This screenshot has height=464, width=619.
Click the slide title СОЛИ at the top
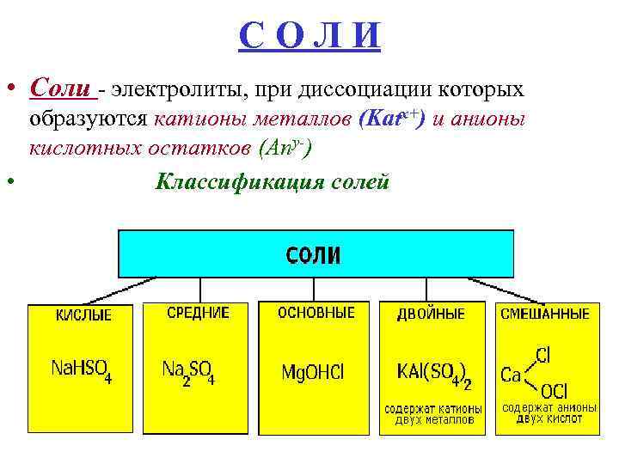[x=309, y=35]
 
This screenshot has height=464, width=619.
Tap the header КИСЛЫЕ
[x=83, y=315]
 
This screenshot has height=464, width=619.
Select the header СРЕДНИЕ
[x=198, y=314]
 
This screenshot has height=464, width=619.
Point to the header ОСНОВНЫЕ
[x=316, y=313]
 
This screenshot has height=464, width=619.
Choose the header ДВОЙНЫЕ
[x=431, y=314]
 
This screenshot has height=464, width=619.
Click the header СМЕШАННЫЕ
[x=546, y=314]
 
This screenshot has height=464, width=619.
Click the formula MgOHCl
[x=313, y=372]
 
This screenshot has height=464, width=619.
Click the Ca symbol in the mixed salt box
[x=511, y=375]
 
